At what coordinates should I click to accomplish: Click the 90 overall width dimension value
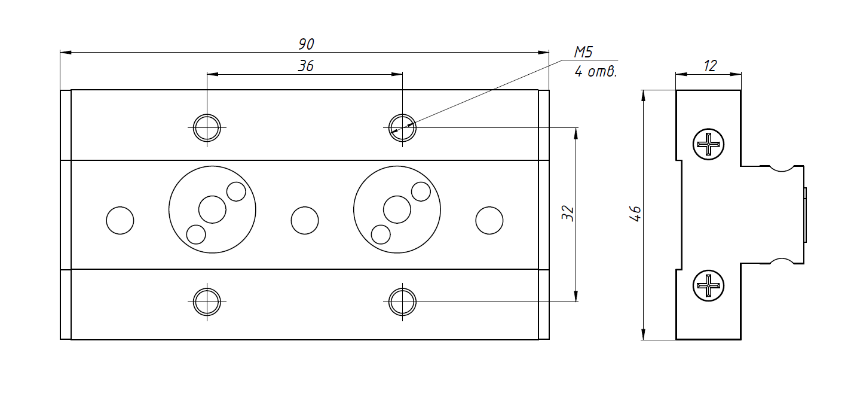click(x=306, y=44)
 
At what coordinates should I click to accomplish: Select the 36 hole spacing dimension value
click(x=305, y=66)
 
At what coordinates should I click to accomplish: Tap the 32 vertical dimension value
click(x=568, y=214)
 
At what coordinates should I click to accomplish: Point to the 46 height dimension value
click(x=636, y=214)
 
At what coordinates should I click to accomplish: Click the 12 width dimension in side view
click(x=709, y=66)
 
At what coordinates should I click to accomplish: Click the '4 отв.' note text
click(x=595, y=72)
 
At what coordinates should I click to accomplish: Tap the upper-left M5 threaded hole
click(x=207, y=127)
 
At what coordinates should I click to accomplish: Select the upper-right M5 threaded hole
click(x=402, y=127)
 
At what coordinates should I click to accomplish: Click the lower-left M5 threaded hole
click(x=207, y=302)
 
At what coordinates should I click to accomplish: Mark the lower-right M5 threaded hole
click(x=402, y=302)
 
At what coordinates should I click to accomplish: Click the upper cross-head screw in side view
click(x=709, y=144)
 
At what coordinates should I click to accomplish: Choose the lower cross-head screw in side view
click(x=709, y=285)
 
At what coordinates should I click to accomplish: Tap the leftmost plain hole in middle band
click(x=120, y=220)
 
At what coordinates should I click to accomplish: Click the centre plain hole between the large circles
click(x=304, y=220)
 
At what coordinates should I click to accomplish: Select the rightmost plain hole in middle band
click(x=489, y=220)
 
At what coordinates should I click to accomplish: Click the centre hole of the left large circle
click(x=212, y=209)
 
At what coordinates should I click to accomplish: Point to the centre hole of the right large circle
click(x=397, y=209)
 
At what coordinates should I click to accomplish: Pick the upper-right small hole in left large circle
click(x=236, y=191)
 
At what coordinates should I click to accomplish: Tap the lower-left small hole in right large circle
click(x=380, y=234)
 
